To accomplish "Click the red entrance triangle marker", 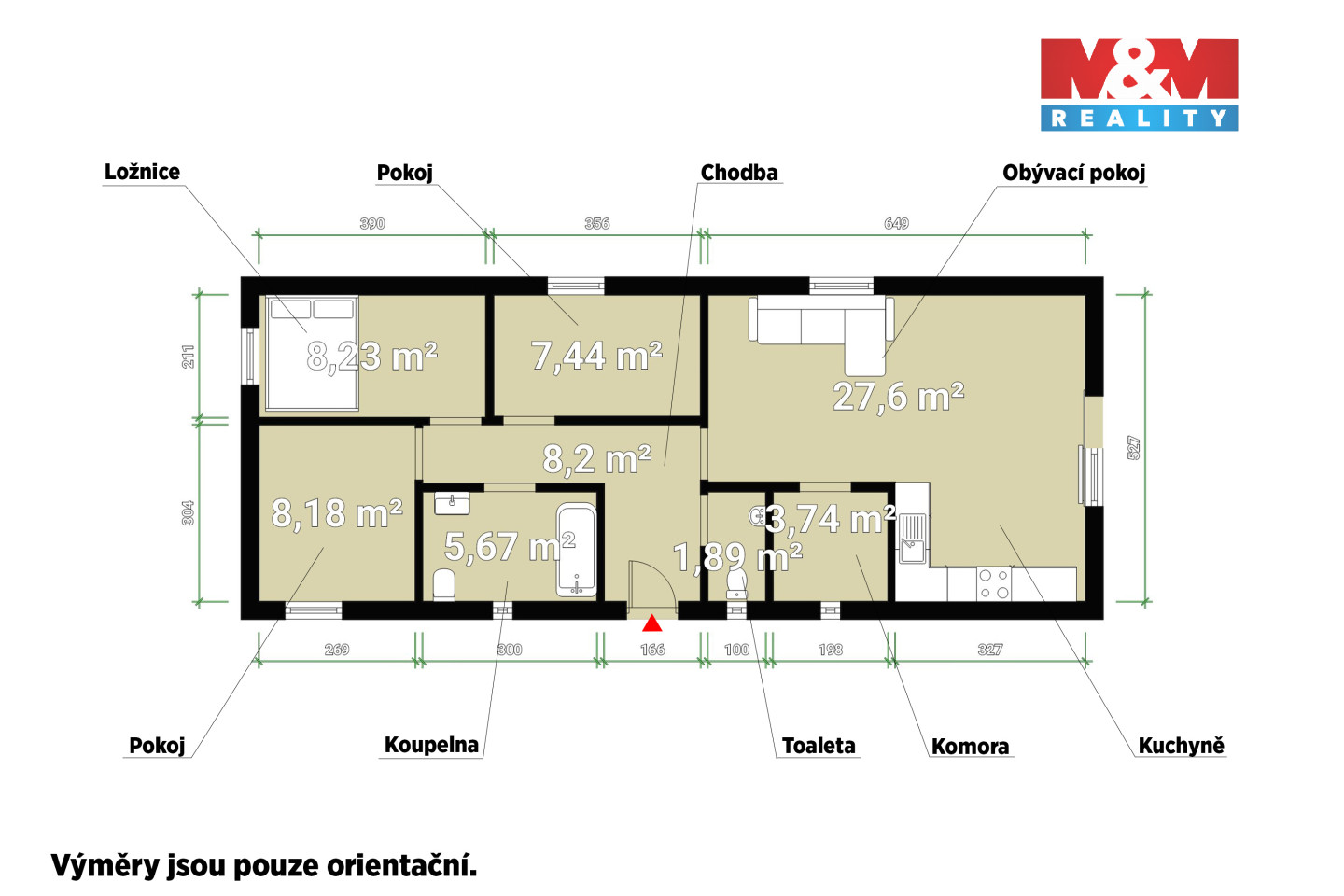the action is click(651, 623).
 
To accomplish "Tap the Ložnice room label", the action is click(142, 173).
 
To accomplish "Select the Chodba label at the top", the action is click(739, 173).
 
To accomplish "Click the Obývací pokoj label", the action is click(1074, 173).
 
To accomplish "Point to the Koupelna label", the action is click(431, 745).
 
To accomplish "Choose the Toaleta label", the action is click(819, 746).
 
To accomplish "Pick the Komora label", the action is click(971, 747).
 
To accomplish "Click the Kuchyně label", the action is click(1181, 746).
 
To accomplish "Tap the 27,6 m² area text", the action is click(898, 396).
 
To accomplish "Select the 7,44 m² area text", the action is click(596, 356).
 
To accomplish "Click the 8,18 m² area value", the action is click(337, 513).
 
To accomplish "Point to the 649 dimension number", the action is click(896, 224).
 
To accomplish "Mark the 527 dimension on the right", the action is click(1133, 448).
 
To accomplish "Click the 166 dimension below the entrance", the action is click(652, 650).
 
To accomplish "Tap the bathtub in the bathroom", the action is click(576, 550).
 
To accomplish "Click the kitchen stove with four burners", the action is click(994, 584).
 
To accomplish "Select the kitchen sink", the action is click(911, 539).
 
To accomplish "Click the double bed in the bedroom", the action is click(312, 353).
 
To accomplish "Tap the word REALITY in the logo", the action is click(1139, 119).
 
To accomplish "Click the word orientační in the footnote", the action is click(401, 866).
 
